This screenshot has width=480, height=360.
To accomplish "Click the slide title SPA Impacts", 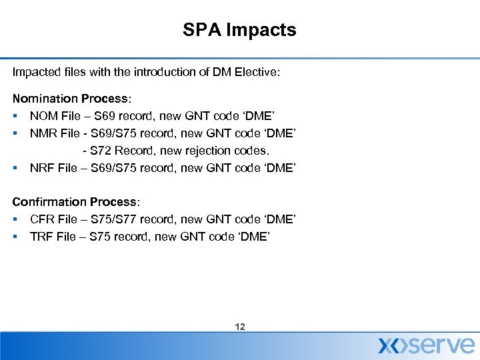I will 240,30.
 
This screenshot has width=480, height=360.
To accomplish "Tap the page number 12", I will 240,327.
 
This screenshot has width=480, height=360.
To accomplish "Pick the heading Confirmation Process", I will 76,201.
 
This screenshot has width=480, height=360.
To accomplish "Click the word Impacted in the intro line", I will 35,71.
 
